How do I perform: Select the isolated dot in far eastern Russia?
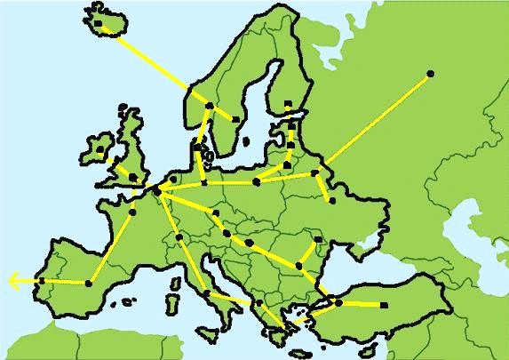click(x=431, y=73)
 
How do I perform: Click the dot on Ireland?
click(x=100, y=149)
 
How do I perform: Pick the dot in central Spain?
click(x=89, y=284)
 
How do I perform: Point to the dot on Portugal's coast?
click(x=42, y=281)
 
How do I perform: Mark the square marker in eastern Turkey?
click(x=384, y=305)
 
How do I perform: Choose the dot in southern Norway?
click(x=209, y=106)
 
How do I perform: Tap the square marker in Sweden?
click(x=235, y=119)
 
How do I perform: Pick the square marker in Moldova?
click(x=318, y=239)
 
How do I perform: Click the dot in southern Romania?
click(x=300, y=265)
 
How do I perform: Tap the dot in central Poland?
click(x=257, y=182)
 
